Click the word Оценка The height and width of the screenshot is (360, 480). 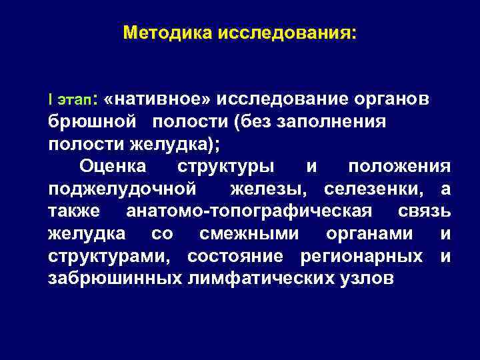(112, 165)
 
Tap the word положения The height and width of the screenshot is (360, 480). (399, 165)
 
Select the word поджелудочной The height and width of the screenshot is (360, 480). (122, 189)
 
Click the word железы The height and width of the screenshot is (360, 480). (269, 189)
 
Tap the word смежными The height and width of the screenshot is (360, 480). (249, 234)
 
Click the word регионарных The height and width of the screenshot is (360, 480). (361, 256)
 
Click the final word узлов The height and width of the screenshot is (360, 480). (362, 279)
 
